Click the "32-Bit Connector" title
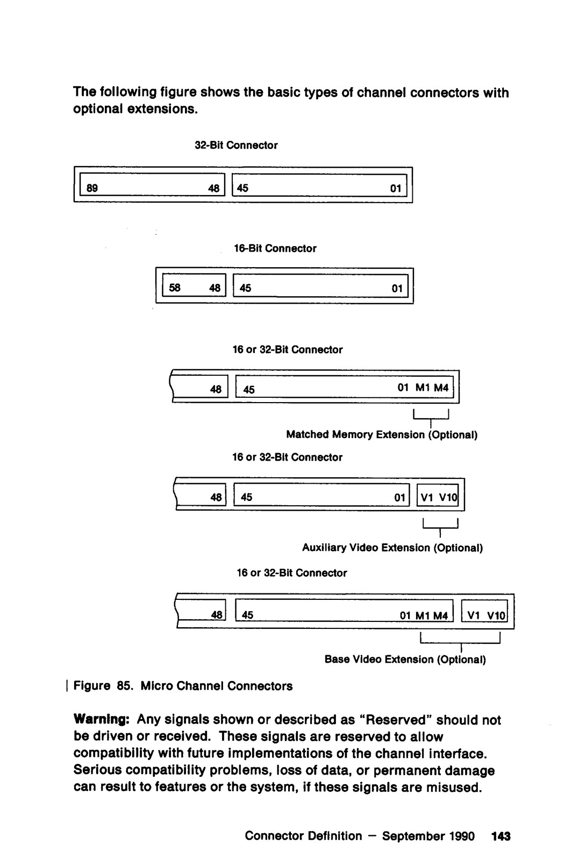(236, 145)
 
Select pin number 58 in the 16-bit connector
(175, 288)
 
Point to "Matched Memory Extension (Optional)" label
(382, 434)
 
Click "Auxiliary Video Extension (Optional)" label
(392, 548)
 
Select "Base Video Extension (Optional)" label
(405, 659)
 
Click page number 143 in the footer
(501, 836)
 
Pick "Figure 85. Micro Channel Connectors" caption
(183, 686)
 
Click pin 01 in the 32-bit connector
(396, 189)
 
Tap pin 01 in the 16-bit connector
(397, 289)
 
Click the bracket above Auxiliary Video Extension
(440, 526)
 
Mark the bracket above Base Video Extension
(460, 639)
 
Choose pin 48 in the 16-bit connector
(215, 288)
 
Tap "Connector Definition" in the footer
(303, 836)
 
